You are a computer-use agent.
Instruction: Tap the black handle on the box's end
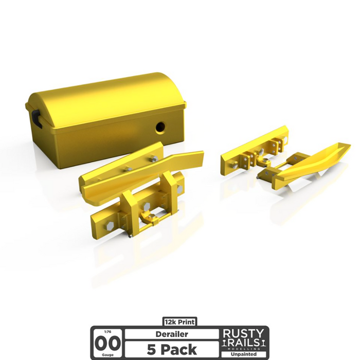point(35,117)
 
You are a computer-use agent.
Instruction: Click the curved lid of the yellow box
point(103,95)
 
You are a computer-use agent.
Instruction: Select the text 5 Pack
point(171,350)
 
